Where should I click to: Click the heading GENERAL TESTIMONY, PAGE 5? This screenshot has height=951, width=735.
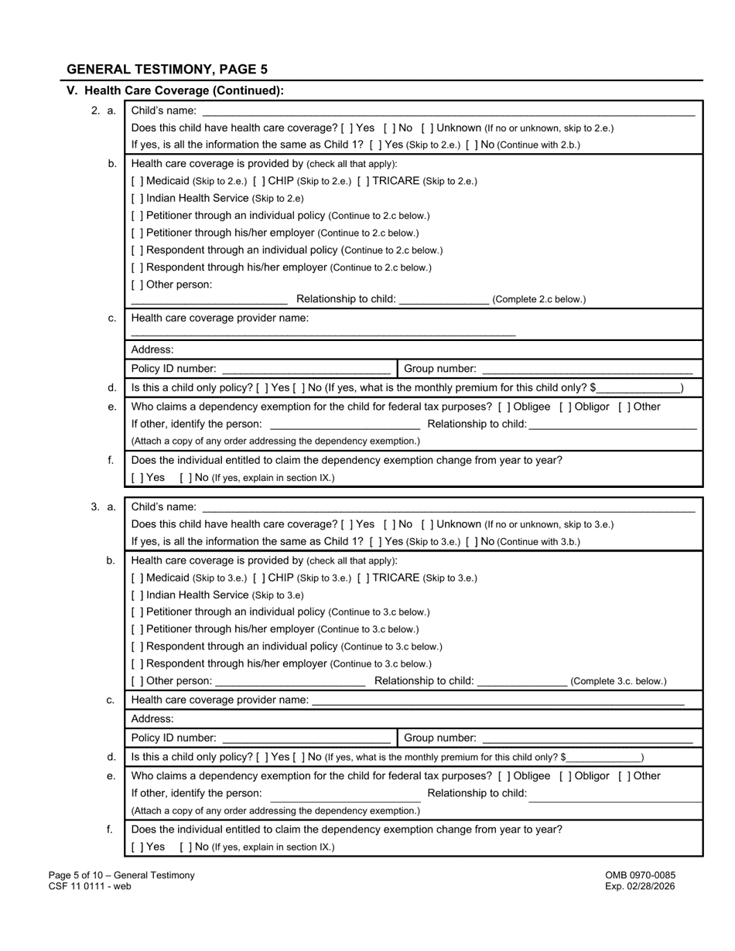167,69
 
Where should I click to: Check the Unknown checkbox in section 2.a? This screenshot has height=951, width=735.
427,128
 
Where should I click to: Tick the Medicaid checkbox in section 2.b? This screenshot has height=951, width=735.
137,181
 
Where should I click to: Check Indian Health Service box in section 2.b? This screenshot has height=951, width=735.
137,199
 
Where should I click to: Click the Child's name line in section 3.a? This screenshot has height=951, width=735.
448,508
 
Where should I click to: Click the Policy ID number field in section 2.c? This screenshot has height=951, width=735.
306,370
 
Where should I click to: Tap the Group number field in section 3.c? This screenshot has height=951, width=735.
586,738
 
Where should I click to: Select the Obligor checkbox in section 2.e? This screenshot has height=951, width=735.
566,407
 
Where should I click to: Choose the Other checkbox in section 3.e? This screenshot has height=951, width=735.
624,776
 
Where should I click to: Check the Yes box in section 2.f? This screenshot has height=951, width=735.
137,478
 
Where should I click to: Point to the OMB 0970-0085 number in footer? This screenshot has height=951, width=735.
640,875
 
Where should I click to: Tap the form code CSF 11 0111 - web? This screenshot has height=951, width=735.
89,886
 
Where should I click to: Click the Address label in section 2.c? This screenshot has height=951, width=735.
152,349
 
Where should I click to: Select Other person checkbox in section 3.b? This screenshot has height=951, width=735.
137,681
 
